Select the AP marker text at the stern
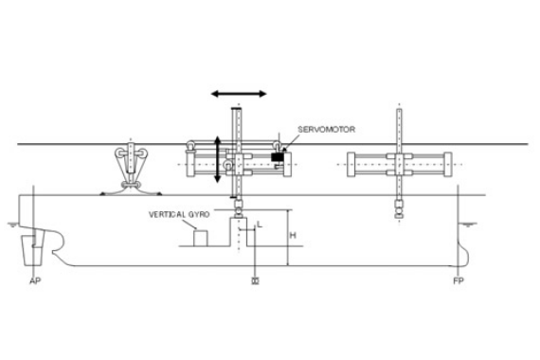(x=35, y=281)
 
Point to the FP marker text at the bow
(x=459, y=281)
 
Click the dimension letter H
(x=293, y=233)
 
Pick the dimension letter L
(x=259, y=225)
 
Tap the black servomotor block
(x=278, y=156)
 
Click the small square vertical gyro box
(x=201, y=237)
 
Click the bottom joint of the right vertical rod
(x=399, y=214)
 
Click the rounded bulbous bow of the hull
(x=465, y=252)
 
